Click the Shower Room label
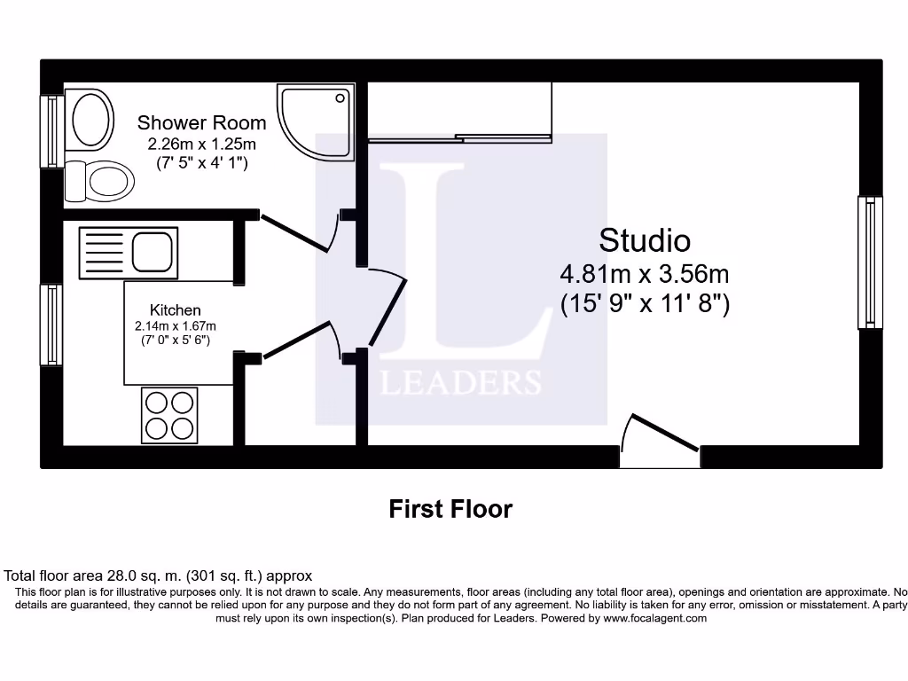click(x=201, y=123)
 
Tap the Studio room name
click(x=645, y=240)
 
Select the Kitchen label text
click(x=175, y=309)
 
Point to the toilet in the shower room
click(x=99, y=181)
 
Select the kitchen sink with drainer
click(x=129, y=251)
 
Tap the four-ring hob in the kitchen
click(x=169, y=415)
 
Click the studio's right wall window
click(x=870, y=262)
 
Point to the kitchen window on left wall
click(x=51, y=325)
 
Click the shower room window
click(x=51, y=131)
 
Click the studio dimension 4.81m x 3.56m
click(x=645, y=273)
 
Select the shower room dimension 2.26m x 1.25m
click(x=201, y=144)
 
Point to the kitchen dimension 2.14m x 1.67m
click(x=175, y=325)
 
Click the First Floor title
click(x=450, y=509)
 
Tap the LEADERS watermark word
click(x=460, y=382)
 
